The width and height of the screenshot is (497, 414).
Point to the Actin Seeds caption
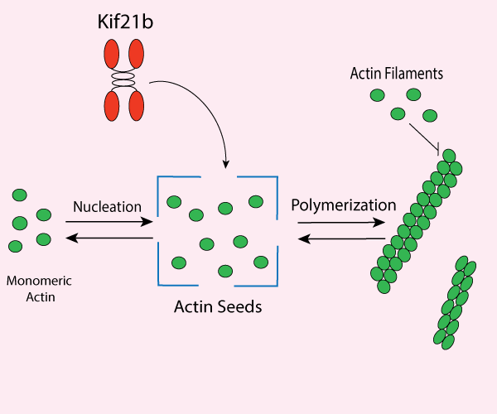pos(218,307)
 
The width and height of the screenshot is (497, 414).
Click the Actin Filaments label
pos(397,74)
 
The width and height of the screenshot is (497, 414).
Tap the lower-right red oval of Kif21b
pos(136,106)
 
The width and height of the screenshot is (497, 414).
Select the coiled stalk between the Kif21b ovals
pos(123,80)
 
